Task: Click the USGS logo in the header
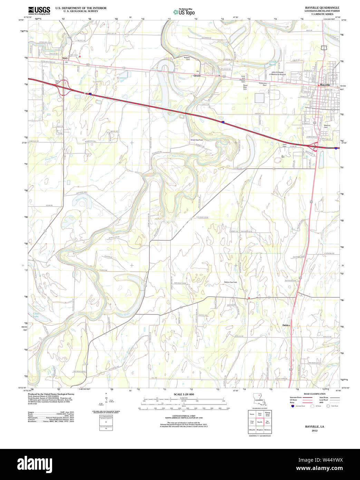39,10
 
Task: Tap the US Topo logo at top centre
184,12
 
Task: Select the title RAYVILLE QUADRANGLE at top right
322,8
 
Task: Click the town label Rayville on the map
325,85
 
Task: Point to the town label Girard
197,75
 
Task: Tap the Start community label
65,58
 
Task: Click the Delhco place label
286,325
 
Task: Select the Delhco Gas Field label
231,282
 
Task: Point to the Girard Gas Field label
197,140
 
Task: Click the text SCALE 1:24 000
184,394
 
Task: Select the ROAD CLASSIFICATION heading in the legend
314,394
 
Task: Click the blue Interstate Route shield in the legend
293,406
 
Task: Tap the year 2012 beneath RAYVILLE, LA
314,431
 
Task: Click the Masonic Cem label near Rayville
327,126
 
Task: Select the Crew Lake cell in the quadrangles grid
252,422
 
